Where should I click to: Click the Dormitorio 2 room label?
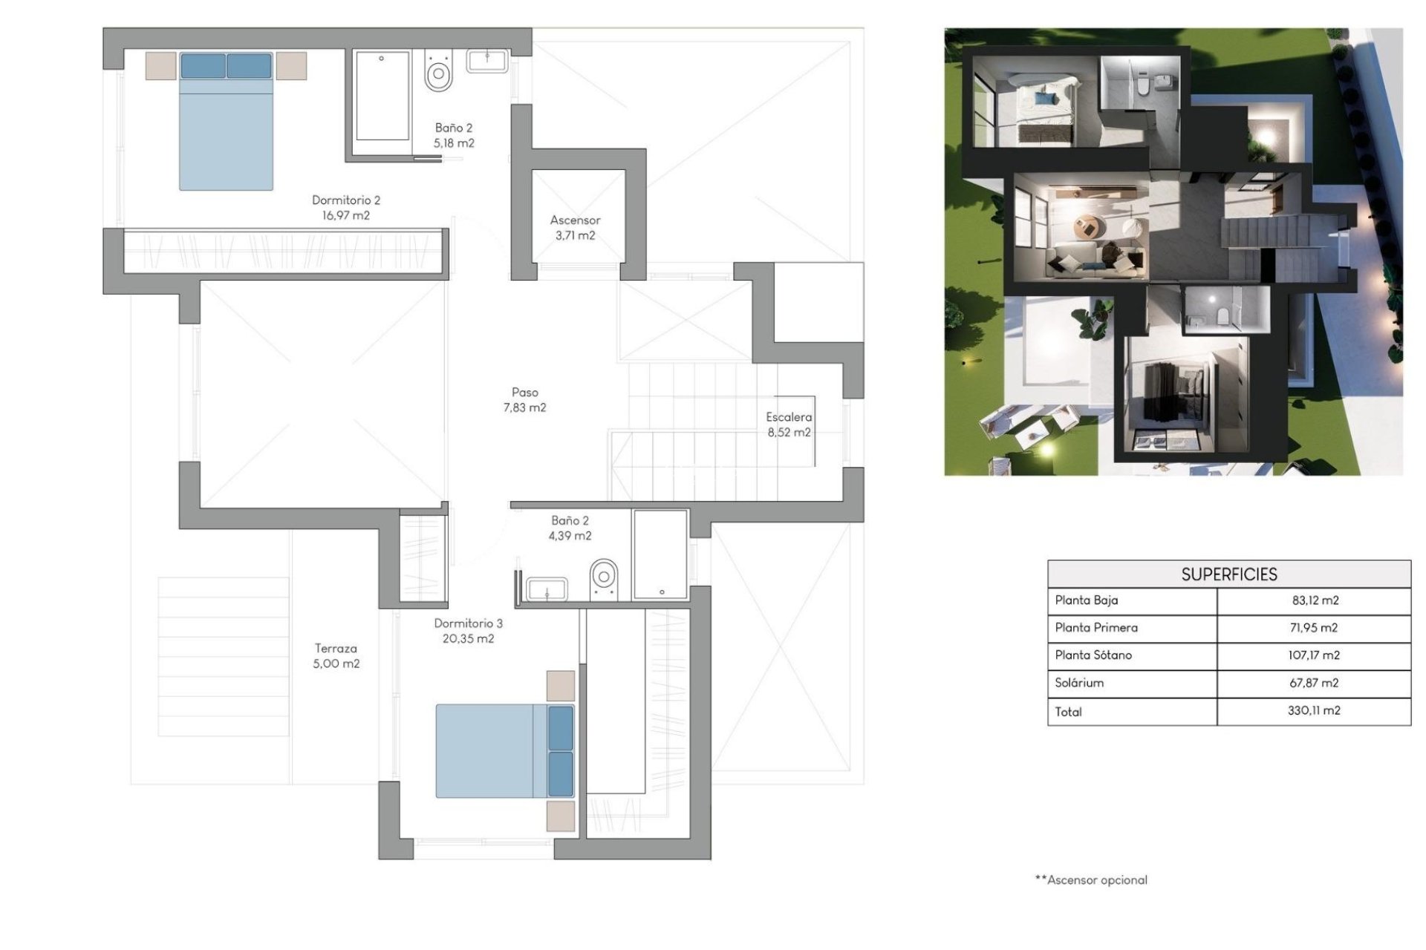[x=345, y=200]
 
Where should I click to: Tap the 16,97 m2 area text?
[x=345, y=216]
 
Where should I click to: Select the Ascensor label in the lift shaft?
[x=575, y=220]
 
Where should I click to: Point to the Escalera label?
[x=789, y=418]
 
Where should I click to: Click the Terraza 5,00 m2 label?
[x=336, y=656]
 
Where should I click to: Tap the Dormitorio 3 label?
[x=468, y=623]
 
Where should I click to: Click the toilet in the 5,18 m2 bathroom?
[x=439, y=73]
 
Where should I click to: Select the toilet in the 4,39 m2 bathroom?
[x=605, y=577]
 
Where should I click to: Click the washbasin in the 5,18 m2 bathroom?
[x=487, y=61]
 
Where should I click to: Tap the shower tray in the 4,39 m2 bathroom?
[x=660, y=554]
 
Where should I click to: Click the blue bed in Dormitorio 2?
[x=226, y=122]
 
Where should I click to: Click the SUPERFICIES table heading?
[x=1228, y=574]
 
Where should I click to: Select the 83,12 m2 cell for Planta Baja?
[x=1315, y=600]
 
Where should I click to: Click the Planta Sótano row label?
[x=1093, y=655]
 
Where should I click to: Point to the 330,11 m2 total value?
[x=1314, y=711]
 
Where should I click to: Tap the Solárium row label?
[x=1079, y=683]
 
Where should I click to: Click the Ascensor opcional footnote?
[x=1091, y=880]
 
